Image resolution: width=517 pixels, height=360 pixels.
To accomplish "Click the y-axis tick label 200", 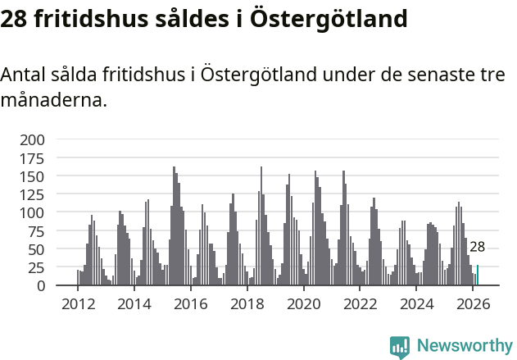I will tap(32, 139).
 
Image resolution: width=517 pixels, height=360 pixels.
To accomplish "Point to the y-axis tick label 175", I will tap(32, 157).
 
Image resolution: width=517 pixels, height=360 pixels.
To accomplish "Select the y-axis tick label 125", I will tap(32, 194).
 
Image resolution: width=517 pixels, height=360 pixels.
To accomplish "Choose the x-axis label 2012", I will tap(78, 303).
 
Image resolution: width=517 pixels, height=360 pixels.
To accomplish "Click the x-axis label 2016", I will tap(191, 303).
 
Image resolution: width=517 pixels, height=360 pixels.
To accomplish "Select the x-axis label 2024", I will tap(417, 303).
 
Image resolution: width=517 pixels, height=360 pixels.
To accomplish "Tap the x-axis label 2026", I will tap(473, 303).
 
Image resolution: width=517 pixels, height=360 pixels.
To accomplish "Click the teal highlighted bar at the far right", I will tap(478, 276).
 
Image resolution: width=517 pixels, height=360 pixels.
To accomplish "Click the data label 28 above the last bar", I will tap(478, 247).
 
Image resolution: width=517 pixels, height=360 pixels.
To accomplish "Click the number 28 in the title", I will tap(15, 18).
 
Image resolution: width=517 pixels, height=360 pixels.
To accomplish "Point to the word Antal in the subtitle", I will tap(24, 75).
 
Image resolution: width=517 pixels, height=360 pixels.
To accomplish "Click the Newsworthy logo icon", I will tap(400, 346).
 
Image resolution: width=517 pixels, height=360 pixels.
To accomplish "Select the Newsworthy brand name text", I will tap(464, 345).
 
